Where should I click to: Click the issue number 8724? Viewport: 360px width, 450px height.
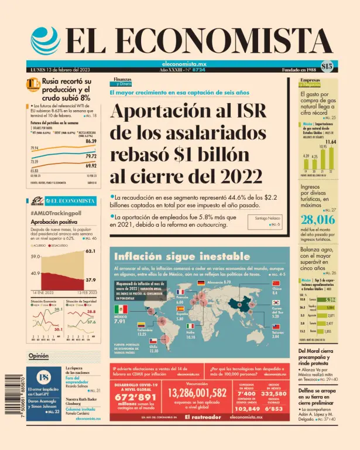click(x=200, y=69)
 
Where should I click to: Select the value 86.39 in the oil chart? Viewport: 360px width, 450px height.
click(x=91, y=141)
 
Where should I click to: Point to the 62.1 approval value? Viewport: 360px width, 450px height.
click(x=90, y=251)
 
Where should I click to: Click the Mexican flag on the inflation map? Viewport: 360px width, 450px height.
click(x=121, y=308)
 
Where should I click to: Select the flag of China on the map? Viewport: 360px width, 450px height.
click(x=277, y=284)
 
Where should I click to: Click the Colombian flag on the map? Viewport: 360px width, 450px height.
click(x=142, y=324)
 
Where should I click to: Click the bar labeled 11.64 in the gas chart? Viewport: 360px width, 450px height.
click(x=331, y=158)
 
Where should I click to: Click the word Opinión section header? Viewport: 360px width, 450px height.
click(x=39, y=356)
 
